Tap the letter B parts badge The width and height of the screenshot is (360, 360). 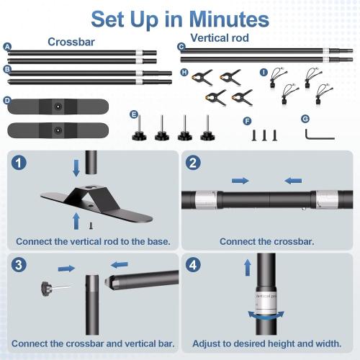pos(7,69)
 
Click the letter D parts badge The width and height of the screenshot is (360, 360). pos(7,101)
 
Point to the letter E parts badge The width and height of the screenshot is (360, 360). pos(134,114)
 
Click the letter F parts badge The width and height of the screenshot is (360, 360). pos(248,121)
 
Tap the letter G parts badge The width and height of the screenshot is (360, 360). pos(305,118)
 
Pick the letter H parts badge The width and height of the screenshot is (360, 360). pos(185,73)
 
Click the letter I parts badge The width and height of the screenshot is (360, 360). pos(263,73)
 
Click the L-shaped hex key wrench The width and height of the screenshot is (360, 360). pos(315,135)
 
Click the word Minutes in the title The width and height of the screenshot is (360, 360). pos(224,18)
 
